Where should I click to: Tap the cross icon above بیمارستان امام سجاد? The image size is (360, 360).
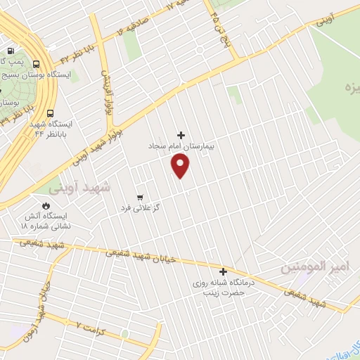click(x=181, y=135)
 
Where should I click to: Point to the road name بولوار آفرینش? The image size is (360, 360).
click(x=106, y=88)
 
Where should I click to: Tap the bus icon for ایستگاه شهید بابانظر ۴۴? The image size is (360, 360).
click(x=50, y=113)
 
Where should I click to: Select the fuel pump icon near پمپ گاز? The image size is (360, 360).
click(x=10, y=51)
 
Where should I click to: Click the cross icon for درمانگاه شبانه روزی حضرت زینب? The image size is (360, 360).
click(x=224, y=271)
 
